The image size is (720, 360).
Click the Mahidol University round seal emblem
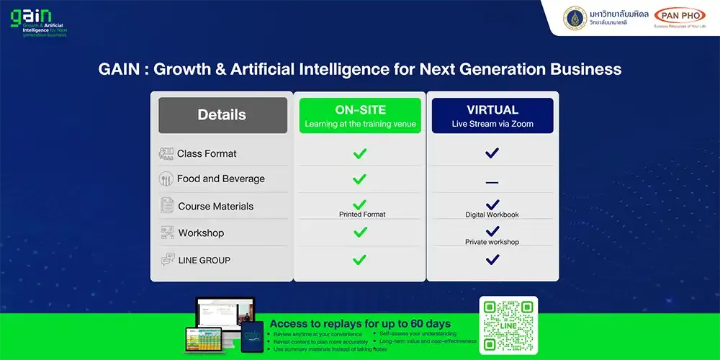pos(575,18)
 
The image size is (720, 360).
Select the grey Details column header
pos(222,115)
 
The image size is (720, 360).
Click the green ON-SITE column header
pos(360,116)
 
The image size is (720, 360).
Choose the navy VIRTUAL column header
pos(492,116)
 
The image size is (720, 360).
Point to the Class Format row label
pos(207,153)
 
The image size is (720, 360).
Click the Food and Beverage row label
pos(220,179)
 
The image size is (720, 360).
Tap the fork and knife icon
pos(167,179)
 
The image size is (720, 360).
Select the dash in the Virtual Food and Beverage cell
pos(492,183)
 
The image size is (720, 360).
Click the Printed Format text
pos(362,215)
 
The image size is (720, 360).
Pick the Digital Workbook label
pos(492,215)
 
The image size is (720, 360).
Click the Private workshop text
pos(492,242)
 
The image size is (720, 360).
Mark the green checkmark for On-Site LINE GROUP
pos(360,259)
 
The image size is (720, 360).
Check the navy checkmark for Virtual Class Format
pos(492,153)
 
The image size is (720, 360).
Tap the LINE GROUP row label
pos(204,260)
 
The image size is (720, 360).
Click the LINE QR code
pos(508,325)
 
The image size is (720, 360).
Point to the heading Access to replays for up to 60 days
pos(359,324)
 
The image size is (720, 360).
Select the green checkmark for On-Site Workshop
pos(360,232)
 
